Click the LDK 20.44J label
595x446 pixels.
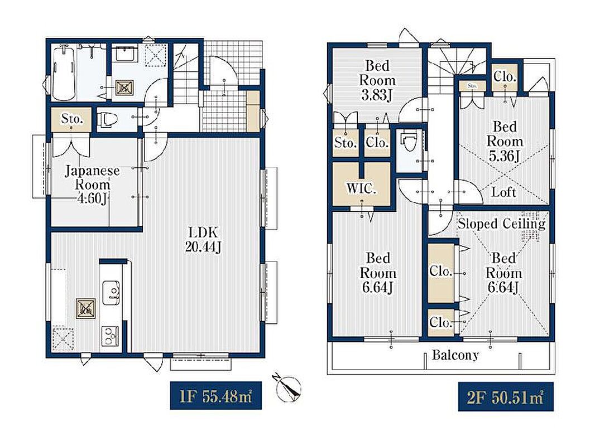(x=203, y=240)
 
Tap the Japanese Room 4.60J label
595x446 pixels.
(x=92, y=185)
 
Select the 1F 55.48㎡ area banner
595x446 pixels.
(x=215, y=396)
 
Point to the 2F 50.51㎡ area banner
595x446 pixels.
(x=506, y=397)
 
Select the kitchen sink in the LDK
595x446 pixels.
(x=111, y=292)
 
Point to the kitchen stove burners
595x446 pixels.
(x=109, y=336)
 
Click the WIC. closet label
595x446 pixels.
(x=361, y=188)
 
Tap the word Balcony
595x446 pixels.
(x=455, y=356)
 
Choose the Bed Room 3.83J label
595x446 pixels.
(x=377, y=80)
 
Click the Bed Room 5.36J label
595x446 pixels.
(x=505, y=141)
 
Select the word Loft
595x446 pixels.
(x=503, y=192)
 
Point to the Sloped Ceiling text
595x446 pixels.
(x=501, y=224)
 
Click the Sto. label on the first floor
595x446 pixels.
(x=71, y=119)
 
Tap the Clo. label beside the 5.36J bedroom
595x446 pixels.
(x=505, y=77)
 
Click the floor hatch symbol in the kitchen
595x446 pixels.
(x=86, y=308)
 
